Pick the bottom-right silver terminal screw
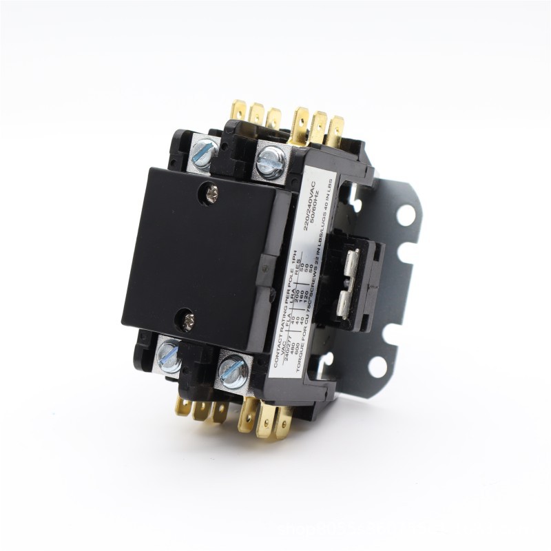233,373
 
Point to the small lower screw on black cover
186,318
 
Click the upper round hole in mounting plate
406,216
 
